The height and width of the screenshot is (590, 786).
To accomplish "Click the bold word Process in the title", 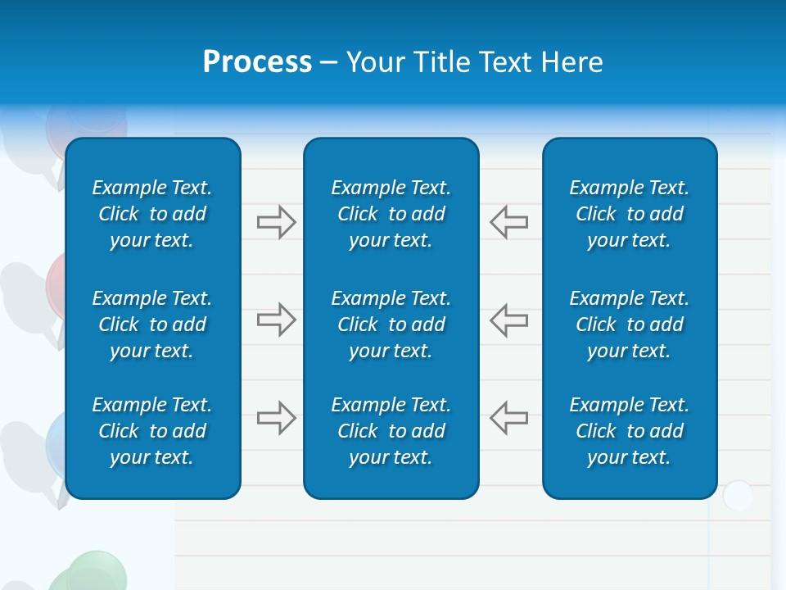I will coord(257,62).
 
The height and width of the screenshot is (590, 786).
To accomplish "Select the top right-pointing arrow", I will coord(276,222).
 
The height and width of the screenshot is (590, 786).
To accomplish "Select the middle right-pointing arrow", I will coord(276,320).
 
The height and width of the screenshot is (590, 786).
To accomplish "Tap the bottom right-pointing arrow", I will coord(276,418).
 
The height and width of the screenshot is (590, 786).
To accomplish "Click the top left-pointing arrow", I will coord(508,222).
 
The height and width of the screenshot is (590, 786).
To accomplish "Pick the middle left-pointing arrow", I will coord(508,320).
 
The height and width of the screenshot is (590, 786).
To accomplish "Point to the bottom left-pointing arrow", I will coord(508,418).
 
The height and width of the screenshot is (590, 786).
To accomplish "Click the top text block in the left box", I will coord(152,214).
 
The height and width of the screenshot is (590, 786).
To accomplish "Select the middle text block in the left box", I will coord(152,324).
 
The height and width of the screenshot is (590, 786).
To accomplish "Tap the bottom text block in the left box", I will coord(152,431).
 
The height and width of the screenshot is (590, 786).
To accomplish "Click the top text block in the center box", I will coord(391,214).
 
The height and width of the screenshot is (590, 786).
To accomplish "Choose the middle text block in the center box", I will coord(391,324).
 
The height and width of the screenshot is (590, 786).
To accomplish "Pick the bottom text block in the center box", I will coord(391,431).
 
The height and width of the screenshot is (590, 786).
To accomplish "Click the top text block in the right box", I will coord(629,214).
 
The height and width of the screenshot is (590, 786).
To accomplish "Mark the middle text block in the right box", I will coord(629,324).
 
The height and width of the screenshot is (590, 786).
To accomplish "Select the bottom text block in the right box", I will coord(629,431).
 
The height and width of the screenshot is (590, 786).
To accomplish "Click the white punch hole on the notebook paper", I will coord(738,496).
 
